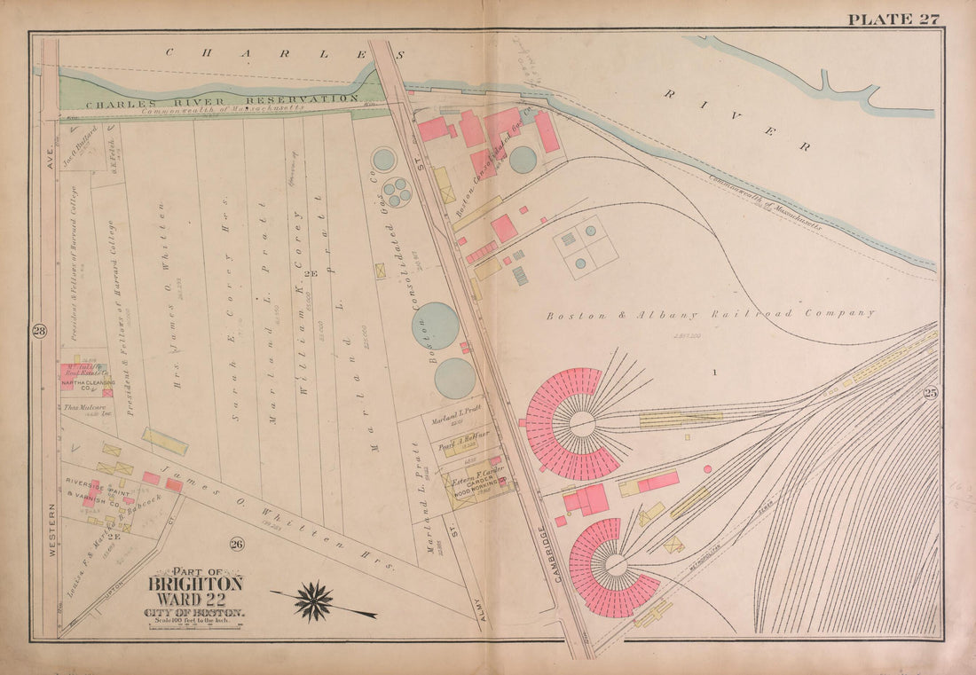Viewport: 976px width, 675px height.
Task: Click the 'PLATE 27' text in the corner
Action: tap(893, 19)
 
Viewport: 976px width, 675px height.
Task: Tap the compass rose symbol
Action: tap(313, 600)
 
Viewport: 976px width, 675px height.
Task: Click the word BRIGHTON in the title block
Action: tap(195, 584)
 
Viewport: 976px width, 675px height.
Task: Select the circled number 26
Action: tap(237, 544)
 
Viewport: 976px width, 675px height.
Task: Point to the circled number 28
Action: tap(39, 332)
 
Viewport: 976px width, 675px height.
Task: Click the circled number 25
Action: tap(930, 393)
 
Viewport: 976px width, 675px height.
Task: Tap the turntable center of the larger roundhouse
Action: tap(583, 424)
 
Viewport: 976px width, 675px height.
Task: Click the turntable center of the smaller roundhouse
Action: tap(615, 565)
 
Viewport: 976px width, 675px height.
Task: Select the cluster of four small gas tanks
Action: tap(397, 192)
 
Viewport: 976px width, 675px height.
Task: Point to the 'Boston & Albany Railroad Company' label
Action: tap(710, 313)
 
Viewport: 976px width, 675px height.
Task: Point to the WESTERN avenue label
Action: tap(52, 530)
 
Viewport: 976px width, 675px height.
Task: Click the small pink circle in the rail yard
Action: tap(707, 467)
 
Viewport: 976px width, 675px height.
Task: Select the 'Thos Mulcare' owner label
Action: tap(81, 408)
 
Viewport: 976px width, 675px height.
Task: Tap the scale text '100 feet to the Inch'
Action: tap(195, 622)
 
